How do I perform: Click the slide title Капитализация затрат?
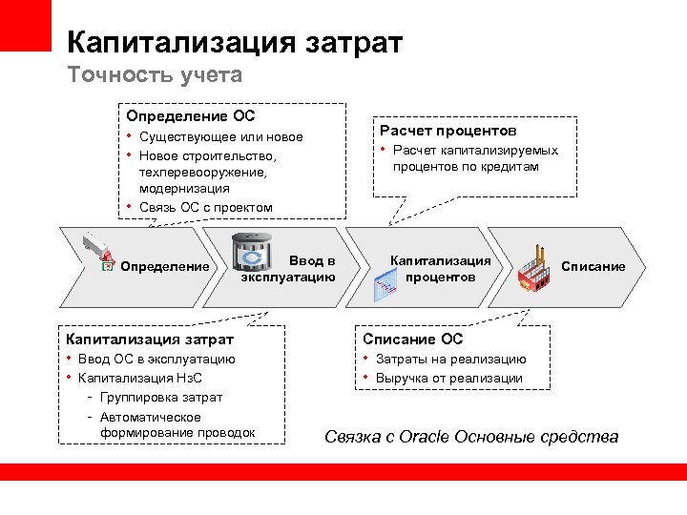click(x=235, y=42)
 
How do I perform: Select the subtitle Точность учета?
click(x=155, y=74)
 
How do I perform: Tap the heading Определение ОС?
click(x=191, y=116)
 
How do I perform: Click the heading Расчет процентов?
click(x=448, y=131)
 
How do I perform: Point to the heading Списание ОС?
click(x=413, y=339)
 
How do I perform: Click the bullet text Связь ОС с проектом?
click(x=205, y=207)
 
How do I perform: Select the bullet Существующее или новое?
click(x=220, y=137)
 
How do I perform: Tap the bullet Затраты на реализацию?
click(x=450, y=360)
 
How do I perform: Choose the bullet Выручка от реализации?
click(x=448, y=378)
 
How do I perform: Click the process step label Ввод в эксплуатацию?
click(x=289, y=268)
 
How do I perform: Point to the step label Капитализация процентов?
click(x=440, y=268)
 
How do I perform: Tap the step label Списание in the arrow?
click(x=593, y=266)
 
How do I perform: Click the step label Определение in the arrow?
click(x=165, y=266)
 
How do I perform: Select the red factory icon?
click(x=536, y=270)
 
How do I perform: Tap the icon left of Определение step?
click(x=99, y=254)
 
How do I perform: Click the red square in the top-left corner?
click(x=25, y=25)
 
